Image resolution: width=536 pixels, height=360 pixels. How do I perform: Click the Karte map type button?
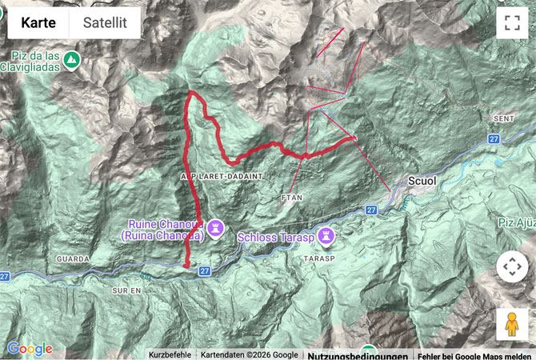tap(38, 23)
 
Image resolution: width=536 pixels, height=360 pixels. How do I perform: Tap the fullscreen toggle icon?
tap(512, 23)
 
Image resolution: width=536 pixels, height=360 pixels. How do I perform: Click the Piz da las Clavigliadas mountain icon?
tap(72, 60)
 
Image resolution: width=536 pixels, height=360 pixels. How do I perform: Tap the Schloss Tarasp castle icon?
tap(326, 236)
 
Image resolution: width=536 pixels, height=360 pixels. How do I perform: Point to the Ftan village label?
tap(290, 196)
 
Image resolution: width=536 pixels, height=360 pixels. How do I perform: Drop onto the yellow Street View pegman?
tap(512, 324)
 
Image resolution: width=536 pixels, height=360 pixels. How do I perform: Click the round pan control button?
tap(512, 266)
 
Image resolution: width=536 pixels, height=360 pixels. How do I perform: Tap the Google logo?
tap(30, 349)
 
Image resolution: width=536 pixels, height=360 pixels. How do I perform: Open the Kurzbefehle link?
tap(170, 354)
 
